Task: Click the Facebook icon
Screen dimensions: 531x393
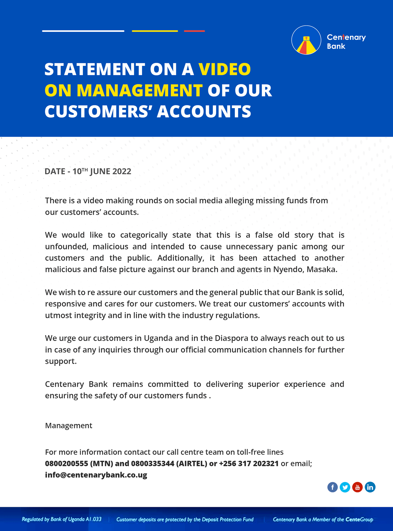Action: point(332,487)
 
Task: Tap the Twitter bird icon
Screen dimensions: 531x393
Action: point(345,487)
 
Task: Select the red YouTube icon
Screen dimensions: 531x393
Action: point(357,487)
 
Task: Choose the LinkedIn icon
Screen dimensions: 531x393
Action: point(370,487)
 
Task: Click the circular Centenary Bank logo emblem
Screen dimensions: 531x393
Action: point(306,40)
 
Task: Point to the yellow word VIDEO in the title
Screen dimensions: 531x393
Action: point(225,69)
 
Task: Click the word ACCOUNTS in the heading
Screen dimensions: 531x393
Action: point(204,111)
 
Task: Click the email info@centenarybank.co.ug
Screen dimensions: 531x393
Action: point(96,475)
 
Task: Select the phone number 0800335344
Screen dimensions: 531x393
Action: point(152,463)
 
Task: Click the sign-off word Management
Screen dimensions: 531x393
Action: point(68,425)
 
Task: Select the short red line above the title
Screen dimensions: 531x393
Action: point(194,31)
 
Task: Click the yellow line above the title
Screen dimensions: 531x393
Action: point(155,31)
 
